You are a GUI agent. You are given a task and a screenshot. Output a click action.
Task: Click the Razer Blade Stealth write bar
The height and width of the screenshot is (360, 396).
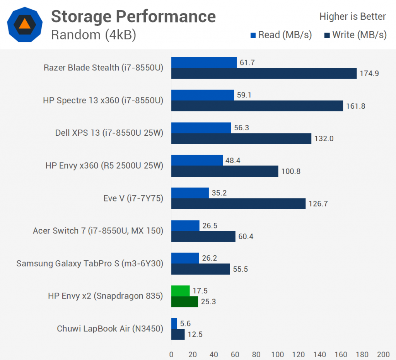tap(264, 73)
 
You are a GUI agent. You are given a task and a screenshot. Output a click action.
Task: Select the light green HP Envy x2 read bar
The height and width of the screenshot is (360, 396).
tap(181, 290)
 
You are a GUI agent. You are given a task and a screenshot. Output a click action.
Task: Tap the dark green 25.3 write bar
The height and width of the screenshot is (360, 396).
tap(184, 302)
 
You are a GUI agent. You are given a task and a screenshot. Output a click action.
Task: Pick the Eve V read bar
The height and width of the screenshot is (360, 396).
tap(190, 193)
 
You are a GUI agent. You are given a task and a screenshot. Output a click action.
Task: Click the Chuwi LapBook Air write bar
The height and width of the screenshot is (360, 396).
tap(178, 334)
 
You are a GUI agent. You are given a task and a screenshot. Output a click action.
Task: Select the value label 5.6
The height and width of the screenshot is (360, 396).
tap(185, 324)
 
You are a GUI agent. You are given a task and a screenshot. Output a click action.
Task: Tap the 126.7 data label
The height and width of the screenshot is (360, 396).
tap(318, 204)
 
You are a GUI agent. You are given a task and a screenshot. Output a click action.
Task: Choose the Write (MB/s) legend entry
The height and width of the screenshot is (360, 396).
tap(355, 35)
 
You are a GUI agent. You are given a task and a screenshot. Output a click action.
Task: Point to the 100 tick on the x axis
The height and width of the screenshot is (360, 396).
tap(277, 355)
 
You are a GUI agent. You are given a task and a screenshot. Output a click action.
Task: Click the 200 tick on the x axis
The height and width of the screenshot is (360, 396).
tap(383, 355)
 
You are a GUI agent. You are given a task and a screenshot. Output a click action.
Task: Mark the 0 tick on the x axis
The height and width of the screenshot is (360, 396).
tap(171, 355)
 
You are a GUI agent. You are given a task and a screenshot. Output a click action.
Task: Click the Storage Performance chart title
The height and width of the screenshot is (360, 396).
tap(133, 16)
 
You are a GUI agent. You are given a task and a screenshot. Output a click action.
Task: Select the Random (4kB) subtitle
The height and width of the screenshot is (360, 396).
tap(94, 35)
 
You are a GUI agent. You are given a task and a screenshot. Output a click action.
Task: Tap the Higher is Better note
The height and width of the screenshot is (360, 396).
tap(352, 17)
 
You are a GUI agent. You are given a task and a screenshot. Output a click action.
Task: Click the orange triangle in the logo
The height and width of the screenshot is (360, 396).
tap(24, 24)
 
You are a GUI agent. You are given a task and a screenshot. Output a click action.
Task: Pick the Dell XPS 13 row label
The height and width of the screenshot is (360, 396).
tap(109, 133)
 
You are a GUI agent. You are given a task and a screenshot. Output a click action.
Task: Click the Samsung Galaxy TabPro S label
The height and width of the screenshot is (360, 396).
tap(90, 263)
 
